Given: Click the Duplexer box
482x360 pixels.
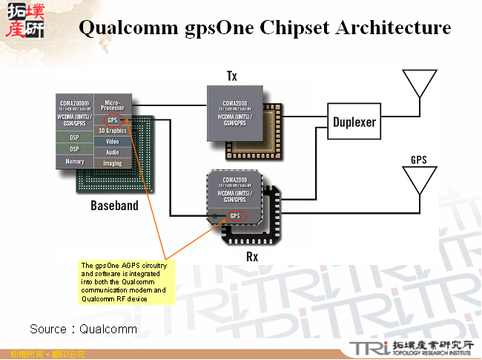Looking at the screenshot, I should tap(354, 122).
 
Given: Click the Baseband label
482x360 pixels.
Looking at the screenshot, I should tap(114, 205).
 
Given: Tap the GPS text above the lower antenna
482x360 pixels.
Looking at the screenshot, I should tap(419, 160).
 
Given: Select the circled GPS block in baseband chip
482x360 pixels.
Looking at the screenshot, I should tap(112, 120).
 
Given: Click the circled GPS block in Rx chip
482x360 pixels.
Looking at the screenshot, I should tap(236, 215).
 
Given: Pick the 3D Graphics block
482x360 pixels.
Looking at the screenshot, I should tap(113, 130).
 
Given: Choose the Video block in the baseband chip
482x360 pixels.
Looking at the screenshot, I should tap(113, 141).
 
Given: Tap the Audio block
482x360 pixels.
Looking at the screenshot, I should tap(113, 152).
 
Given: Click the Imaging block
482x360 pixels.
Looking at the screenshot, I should tap(113, 163).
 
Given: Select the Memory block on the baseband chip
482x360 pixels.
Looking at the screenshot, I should tap(75, 161).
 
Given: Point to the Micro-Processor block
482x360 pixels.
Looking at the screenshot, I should tap(113, 105).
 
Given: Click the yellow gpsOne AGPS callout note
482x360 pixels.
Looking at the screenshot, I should tap(125, 282).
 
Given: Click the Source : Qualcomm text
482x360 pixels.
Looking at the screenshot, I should tap(83, 328).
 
